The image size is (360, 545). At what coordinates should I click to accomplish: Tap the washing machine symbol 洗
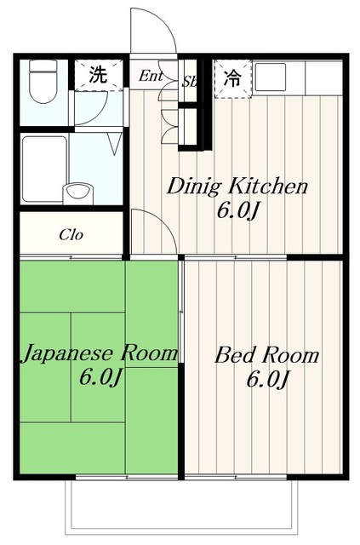pos(99,75)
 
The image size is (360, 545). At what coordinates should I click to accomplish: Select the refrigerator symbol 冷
pos(231,76)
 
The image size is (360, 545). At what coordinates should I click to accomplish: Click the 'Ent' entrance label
pos(151,76)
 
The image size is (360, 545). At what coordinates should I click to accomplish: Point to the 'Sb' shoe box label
pos(189,82)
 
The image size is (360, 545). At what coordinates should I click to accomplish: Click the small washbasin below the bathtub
pos(79,191)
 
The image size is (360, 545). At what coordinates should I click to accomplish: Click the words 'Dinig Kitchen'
pos(236,186)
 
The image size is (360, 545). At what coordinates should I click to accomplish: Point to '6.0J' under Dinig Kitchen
pos(236,210)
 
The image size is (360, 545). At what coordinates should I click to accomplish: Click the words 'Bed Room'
pos(267,354)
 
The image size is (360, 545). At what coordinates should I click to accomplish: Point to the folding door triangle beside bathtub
pos(112,144)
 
